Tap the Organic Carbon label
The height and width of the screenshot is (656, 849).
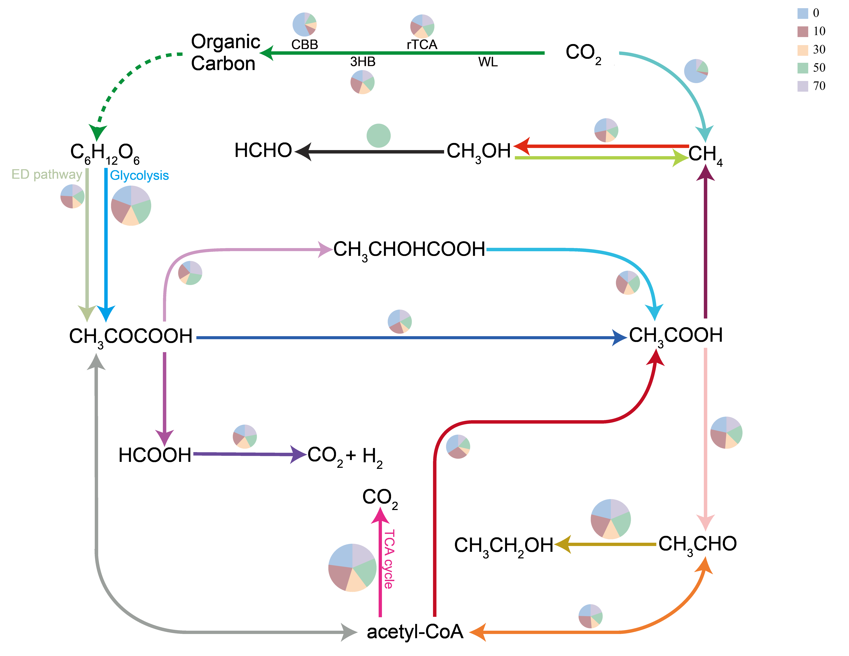(x=225, y=52)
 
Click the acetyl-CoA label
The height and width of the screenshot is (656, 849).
(x=415, y=632)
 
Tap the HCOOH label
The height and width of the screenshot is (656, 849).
(x=155, y=455)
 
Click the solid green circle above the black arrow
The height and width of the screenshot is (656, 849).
(x=378, y=136)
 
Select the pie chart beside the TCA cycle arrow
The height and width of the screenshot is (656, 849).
(x=352, y=568)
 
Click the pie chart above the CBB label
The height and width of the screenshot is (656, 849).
(x=304, y=25)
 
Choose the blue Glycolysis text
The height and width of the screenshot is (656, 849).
(x=139, y=176)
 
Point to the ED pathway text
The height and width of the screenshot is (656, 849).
(x=47, y=174)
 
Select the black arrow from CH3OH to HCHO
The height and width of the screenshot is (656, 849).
(x=369, y=152)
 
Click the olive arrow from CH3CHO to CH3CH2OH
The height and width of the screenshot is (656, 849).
(x=606, y=545)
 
